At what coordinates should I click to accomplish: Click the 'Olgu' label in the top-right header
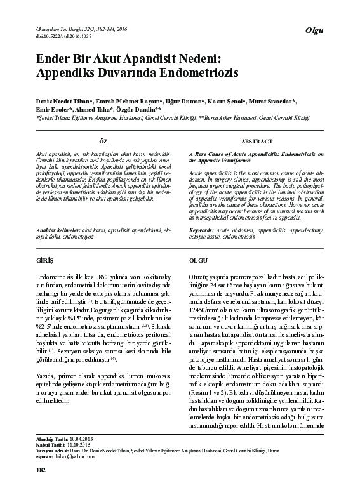(315, 31)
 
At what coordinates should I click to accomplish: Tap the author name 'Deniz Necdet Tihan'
(63, 102)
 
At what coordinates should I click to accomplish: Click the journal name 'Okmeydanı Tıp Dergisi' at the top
(59, 29)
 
